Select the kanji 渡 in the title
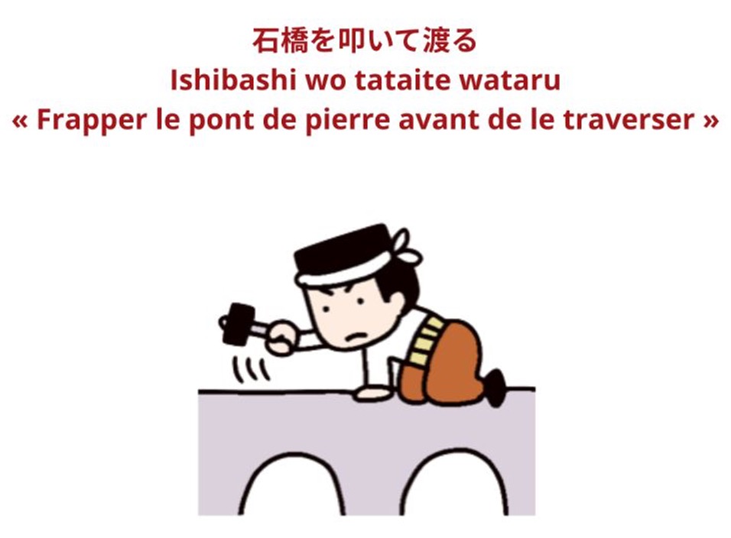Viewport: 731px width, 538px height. tap(437, 40)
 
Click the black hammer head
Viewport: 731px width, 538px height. tap(238, 323)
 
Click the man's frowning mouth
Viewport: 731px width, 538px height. tap(356, 335)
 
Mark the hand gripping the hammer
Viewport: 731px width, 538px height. tap(282, 335)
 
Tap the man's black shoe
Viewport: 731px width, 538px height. tap(496, 385)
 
